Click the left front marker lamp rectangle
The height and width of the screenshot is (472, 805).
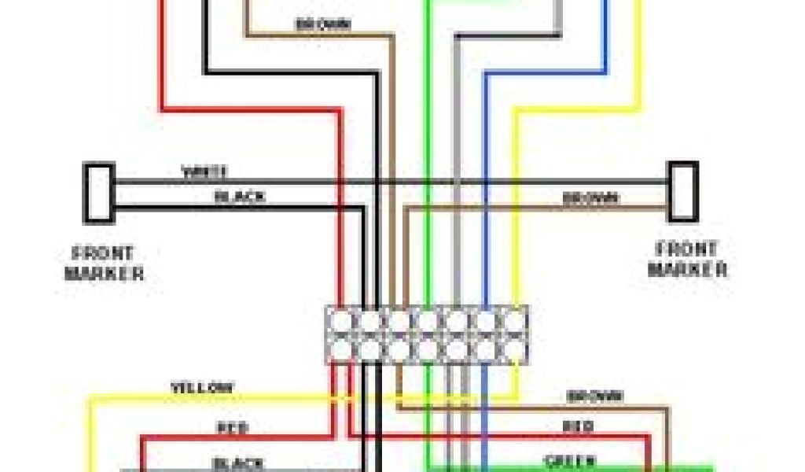point(99,192)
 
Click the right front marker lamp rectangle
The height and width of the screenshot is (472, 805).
point(683,191)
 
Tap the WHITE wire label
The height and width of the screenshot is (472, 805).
point(204,171)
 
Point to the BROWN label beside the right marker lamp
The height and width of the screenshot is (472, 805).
point(590,198)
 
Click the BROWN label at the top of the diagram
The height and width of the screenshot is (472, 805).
point(322,24)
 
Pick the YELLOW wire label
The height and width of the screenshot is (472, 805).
point(202,388)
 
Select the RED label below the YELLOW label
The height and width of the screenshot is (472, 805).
point(233,429)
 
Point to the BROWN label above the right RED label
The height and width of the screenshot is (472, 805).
point(595,396)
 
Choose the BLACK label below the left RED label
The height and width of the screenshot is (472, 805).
point(237,463)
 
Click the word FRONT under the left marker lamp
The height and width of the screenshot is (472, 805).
point(103,254)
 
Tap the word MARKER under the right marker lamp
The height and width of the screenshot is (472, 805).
point(687,270)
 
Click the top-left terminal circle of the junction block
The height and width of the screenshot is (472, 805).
point(343,321)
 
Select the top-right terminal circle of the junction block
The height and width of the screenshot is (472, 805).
point(513,321)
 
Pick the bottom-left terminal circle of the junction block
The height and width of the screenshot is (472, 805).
point(343,348)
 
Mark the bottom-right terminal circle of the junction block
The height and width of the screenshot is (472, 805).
point(513,348)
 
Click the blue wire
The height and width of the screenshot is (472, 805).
point(485,197)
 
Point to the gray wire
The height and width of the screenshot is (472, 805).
point(457,197)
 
